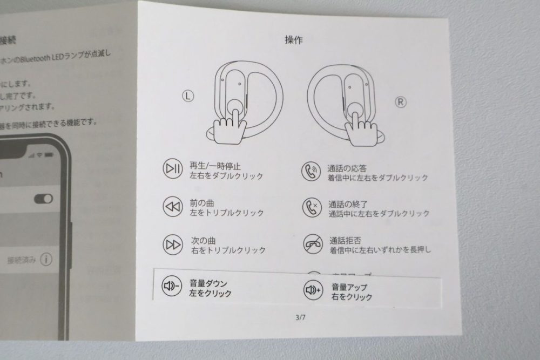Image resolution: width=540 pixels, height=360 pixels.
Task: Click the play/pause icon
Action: [172, 169]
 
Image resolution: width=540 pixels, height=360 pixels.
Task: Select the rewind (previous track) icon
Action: [172, 206]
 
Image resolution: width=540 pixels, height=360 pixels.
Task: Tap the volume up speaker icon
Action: [313, 290]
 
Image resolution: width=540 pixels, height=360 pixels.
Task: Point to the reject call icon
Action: [312, 243]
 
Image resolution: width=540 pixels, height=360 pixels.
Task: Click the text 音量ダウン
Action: [208, 283]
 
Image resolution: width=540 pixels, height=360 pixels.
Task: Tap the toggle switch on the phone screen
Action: [43, 199]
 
